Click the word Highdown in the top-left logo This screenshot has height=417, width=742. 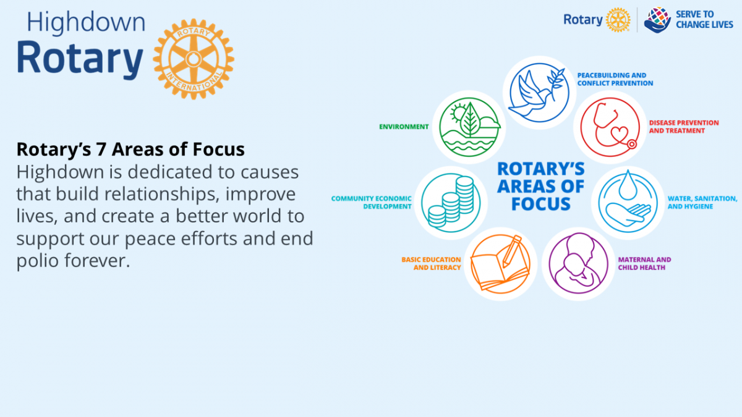pos(86,22)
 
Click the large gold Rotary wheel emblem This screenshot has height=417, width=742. pos(194,59)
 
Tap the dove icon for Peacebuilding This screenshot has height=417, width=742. pos(539,92)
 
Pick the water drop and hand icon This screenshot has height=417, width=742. pos(628,203)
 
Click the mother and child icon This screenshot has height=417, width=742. pos(578,264)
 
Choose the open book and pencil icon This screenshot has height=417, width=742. pos(500,264)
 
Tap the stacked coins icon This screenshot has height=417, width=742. pos(451,203)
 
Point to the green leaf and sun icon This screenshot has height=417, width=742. pos(469,127)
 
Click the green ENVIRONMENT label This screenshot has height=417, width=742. pos(404,127)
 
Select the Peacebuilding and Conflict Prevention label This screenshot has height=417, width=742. pos(615,80)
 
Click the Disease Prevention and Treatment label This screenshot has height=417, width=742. pos(684,127)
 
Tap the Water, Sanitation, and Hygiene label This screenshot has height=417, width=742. pos(702,203)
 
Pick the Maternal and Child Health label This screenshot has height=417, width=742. pos(644,263)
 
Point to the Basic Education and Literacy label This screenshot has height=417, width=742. pos(431,263)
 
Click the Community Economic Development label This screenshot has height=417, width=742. pos(372,203)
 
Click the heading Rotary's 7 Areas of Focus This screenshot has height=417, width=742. pos(130,150)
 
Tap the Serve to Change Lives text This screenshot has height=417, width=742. pos(704,20)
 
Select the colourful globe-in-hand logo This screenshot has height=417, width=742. pos(657,20)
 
